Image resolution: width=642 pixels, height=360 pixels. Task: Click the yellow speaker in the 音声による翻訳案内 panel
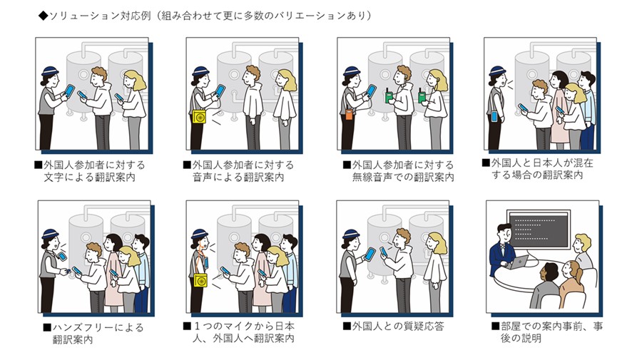198,116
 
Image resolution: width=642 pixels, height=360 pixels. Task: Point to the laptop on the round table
524,261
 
